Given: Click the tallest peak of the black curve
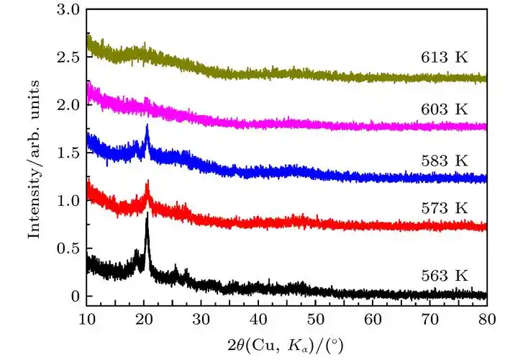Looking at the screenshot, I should (x=147, y=215).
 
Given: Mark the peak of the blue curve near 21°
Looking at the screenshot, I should (x=147, y=127).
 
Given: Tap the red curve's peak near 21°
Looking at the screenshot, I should (x=147, y=181).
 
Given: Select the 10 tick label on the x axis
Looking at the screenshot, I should (x=86, y=317).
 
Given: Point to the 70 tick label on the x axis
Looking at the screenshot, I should (x=429, y=317).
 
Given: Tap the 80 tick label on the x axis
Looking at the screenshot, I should (x=486, y=317).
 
